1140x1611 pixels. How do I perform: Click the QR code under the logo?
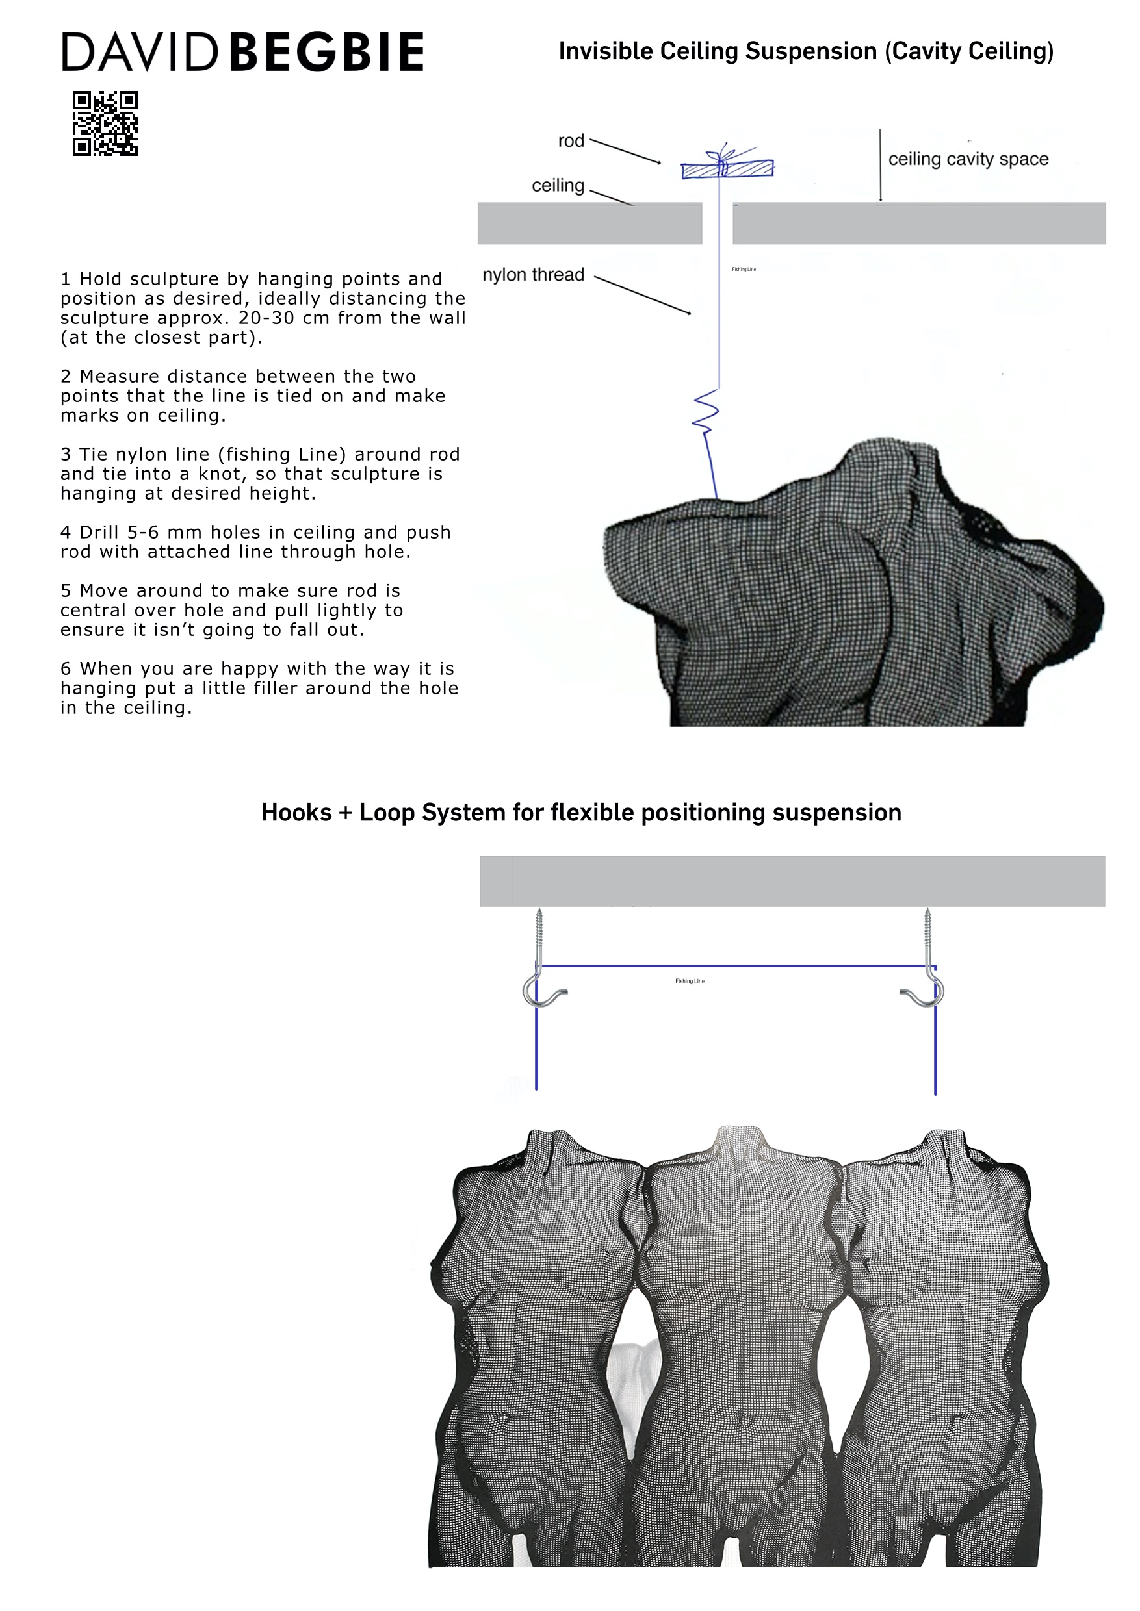(x=105, y=123)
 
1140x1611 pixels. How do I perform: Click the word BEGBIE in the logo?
(x=326, y=52)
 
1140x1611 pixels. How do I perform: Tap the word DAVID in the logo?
(x=140, y=52)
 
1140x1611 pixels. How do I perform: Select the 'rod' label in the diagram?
(x=571, y=141)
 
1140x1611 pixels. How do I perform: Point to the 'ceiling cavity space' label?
(x=968, y=159)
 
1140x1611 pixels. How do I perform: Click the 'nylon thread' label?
(x=533, y=274)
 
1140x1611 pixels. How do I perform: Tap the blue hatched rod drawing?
(x=727, y=169)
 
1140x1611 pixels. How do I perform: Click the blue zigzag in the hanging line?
(x=706, y=412)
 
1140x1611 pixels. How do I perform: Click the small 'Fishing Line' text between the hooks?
(x=690, y=981)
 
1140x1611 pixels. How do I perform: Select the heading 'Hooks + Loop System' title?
(x=580, y=813)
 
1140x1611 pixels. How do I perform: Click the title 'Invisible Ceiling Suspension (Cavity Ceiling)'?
(x=806, y=51)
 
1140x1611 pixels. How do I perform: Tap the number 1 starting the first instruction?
(x=65, y=279)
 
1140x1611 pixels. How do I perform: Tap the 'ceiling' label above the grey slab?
(x=558, y=185)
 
